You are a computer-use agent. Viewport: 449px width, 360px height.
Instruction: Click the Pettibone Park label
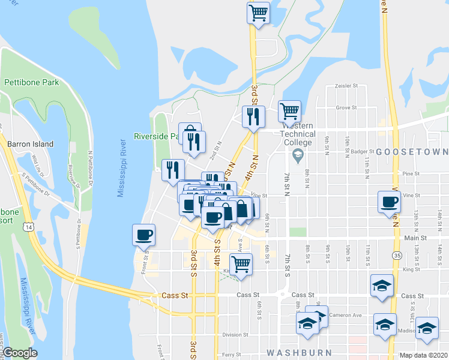click(x=31, y=82)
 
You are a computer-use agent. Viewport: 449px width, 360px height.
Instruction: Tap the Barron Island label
click(x=30, y=144)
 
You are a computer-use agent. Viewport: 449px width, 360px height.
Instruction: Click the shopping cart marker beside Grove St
click(x=290, y=110)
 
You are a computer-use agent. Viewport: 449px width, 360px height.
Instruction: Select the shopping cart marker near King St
click(x=241, y=263)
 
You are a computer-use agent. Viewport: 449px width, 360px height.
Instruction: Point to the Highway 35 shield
click(x=397, y=255)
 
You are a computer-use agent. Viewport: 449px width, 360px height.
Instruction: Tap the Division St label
click(x=235, y=335)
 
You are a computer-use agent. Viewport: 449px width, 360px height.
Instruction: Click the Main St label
click(x=415, y=238)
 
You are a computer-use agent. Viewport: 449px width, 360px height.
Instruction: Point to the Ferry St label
click(x=232, y=355)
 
